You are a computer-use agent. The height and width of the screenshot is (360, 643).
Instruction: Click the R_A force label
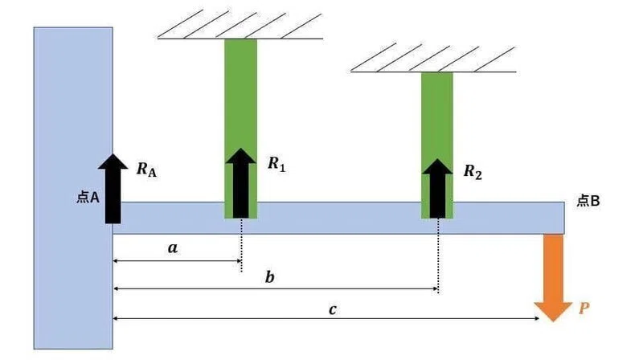[x=146, y=170]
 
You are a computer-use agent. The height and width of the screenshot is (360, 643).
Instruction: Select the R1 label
[x=276, y=164]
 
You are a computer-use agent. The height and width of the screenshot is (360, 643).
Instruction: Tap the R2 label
[x=473, y=171]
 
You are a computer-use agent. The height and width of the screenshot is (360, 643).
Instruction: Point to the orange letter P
[x=584, y=308]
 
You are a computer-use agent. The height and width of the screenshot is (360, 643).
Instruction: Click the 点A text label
[x=88, y=198]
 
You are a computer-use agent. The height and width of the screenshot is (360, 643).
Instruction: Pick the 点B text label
[x=588, y=201]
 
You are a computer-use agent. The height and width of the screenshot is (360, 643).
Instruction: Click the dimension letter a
[x=173, y=247]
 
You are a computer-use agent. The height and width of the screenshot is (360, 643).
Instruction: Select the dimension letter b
[x=269, y=277]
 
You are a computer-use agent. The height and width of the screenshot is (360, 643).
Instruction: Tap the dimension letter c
[x=333, y=309]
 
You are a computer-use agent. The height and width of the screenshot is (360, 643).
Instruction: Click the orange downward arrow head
[x=553, y=312]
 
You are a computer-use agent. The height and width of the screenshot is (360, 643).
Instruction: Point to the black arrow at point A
[x=113, y=189]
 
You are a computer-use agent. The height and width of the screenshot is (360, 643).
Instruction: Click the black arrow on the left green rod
[x=240, y=183]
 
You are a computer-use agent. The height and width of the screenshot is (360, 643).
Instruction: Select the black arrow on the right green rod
[x=437, y=189]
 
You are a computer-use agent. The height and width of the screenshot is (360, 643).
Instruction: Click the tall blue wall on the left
[x=73, y=188]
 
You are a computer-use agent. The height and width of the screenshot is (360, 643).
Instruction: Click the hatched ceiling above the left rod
[x=240, y=26]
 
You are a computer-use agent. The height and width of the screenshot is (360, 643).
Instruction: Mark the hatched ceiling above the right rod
[x=433, y=58]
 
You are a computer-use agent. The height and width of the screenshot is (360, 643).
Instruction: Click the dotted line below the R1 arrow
[x=241, y=245]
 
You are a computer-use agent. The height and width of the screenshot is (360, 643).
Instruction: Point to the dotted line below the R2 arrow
[x=438, y=256]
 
